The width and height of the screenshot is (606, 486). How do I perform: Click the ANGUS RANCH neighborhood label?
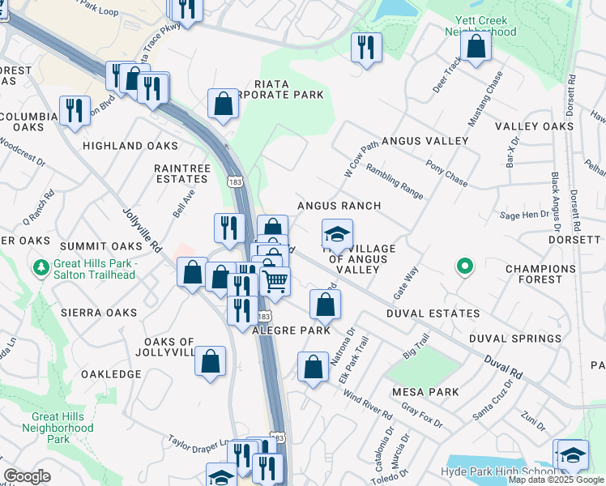[x=339, y=206]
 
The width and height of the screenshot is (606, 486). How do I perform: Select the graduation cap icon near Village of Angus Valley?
[x=337, y=235]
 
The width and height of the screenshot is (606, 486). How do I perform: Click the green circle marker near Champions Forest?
[x=464, y=265]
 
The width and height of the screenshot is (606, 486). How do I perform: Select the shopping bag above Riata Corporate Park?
[x=223, y=104]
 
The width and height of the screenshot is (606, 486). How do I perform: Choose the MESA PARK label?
[x=425, y=392]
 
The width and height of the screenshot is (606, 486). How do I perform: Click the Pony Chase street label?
[x=447, y=171]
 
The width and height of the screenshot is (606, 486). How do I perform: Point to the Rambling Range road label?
[x=395, y=177]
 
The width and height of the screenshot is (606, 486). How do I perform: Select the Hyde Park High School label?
[x=497, y=471]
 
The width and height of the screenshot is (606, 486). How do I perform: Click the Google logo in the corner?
[x=27, y=476]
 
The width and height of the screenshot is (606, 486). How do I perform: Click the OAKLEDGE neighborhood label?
[x=111, y=374]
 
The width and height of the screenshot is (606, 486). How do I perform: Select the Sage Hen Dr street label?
[x=524, y=215]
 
